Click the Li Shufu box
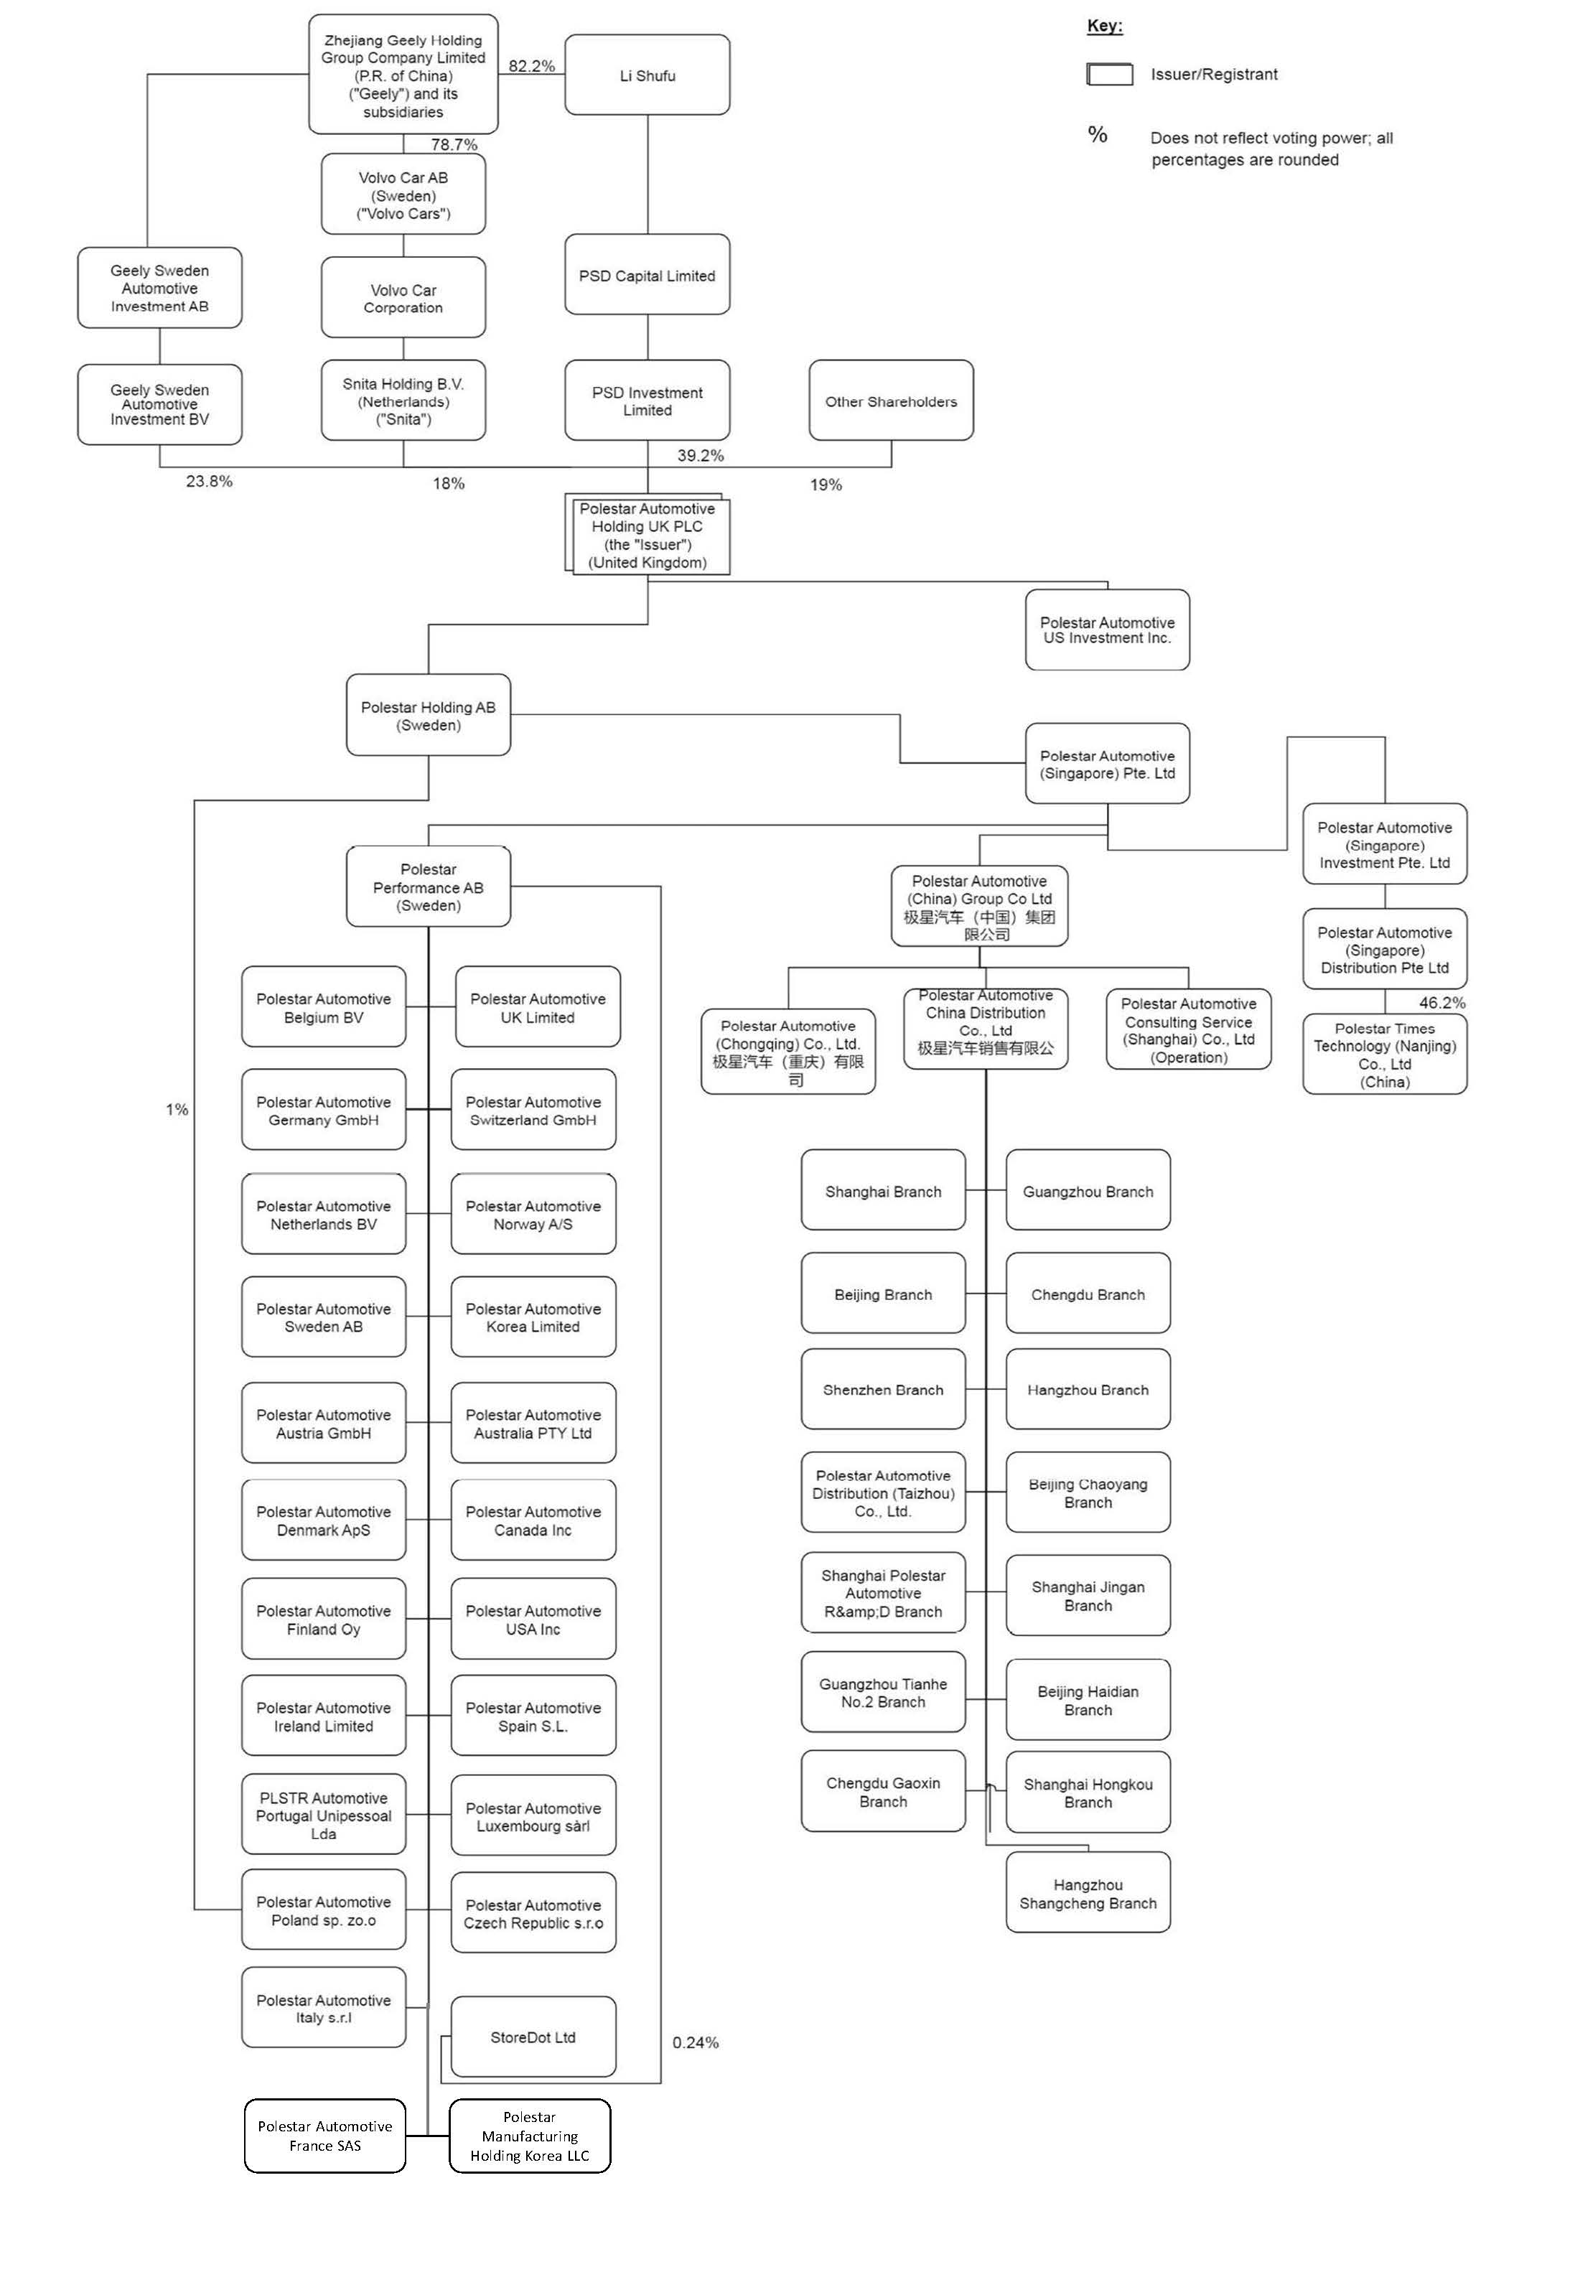[x=648, y=75]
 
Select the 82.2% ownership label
[x=532, y=66]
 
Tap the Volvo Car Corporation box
[x=403, y=298]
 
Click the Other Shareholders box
[x=891, y=401]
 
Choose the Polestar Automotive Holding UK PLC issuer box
[x=648, y=536]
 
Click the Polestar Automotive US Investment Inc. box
[x=1107, y=631]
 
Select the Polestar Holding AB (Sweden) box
[x=428, y=716]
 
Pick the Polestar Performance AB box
[x=428, y=887]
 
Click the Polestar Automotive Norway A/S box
[x=533, y=1215]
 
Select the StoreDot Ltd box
[x=533, y=2037]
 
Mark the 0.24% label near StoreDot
[x=695, y=2042]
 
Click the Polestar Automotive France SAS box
[x=324, y=2136]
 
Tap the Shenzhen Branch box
[x=883, y=1390]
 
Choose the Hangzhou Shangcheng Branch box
[x=1088, y=1894]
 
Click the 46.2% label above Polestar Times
[x=1441, y=1003]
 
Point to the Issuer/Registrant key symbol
[x=1110, y=74]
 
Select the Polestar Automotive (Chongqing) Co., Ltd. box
[x=788, y=1052]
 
